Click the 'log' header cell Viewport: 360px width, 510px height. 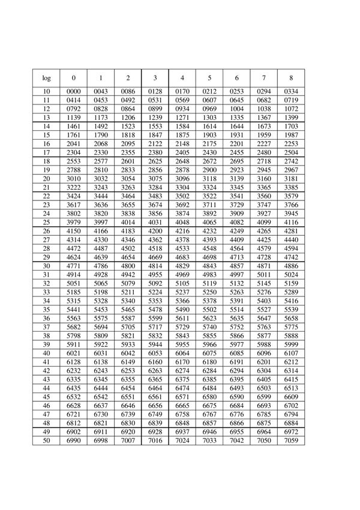pyautogui.click(x=47, y=78)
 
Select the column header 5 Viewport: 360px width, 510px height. pyautogui.click(x=209, y=78)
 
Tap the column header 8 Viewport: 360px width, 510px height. pyautogui.click(x=291, y=78)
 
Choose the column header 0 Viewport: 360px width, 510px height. pyautogui.click(x=74, y=78)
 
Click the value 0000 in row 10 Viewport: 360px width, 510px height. pyautogui.click(x=74, y=91)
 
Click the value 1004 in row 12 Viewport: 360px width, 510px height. pyautogui.click(x=237, y=109)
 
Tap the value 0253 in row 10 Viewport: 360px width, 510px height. pyautogui.click(x=237, y=91)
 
